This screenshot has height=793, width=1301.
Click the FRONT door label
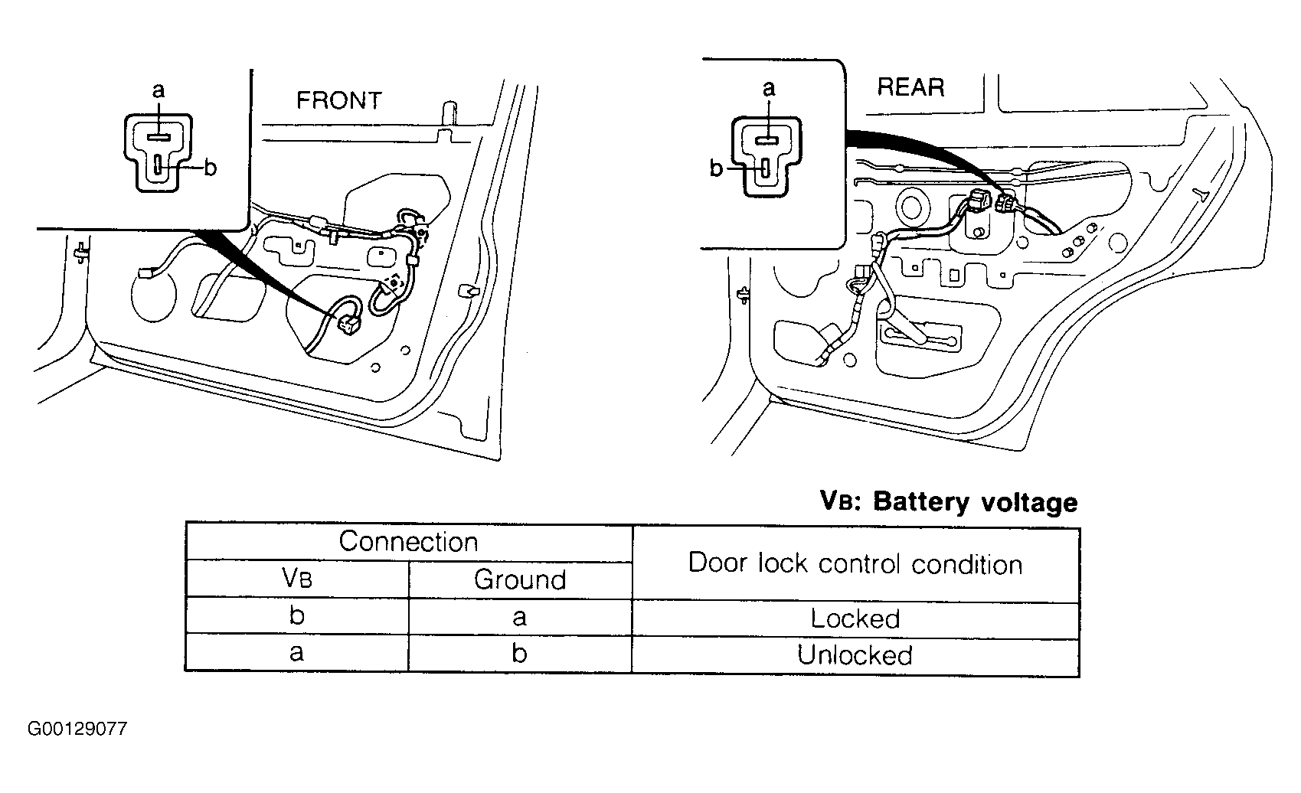tap(338, 100)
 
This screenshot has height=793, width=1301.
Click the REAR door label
tap(910, 87)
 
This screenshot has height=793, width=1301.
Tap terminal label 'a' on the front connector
tap(158, 90)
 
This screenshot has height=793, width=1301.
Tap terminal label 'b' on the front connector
tap(211, 168)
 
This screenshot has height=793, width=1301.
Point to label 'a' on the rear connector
tap(768, 88)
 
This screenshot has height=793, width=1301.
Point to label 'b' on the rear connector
tap(716, 168)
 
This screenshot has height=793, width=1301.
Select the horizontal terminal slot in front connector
tap(158, 137)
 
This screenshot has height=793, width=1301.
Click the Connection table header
tap(408, 542)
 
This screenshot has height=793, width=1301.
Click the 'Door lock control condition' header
tap(855, 563)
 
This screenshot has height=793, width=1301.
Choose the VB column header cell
tap(297, 578)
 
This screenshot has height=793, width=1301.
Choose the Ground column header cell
tap(520, 579)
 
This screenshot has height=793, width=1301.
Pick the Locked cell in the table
tap(855, 618)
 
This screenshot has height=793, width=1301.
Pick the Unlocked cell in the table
tap(855, 655)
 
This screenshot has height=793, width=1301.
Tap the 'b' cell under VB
tap(297, 615)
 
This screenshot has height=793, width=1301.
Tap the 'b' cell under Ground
tap(519, 653)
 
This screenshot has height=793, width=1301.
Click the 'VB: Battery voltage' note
tap(949, 502)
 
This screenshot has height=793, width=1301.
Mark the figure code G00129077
tap(77, 729)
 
